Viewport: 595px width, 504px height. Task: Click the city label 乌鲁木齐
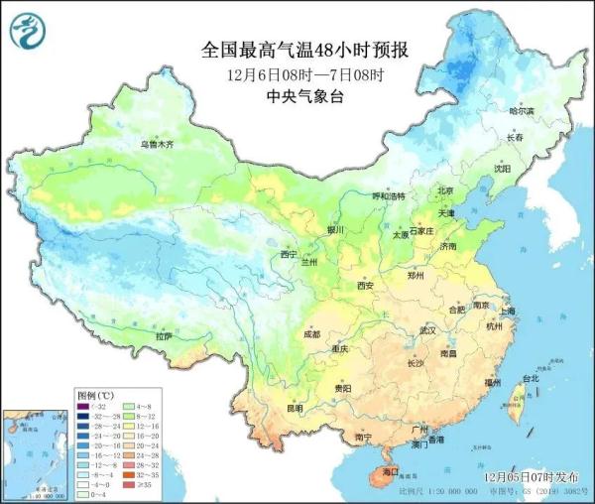coord(156,145)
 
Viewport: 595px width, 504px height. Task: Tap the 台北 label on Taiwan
coord(530,378)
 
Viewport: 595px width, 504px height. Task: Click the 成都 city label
coord(312,334)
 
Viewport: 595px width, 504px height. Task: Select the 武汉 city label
coord(428,329)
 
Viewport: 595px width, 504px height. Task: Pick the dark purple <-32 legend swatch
coord(83,406)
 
